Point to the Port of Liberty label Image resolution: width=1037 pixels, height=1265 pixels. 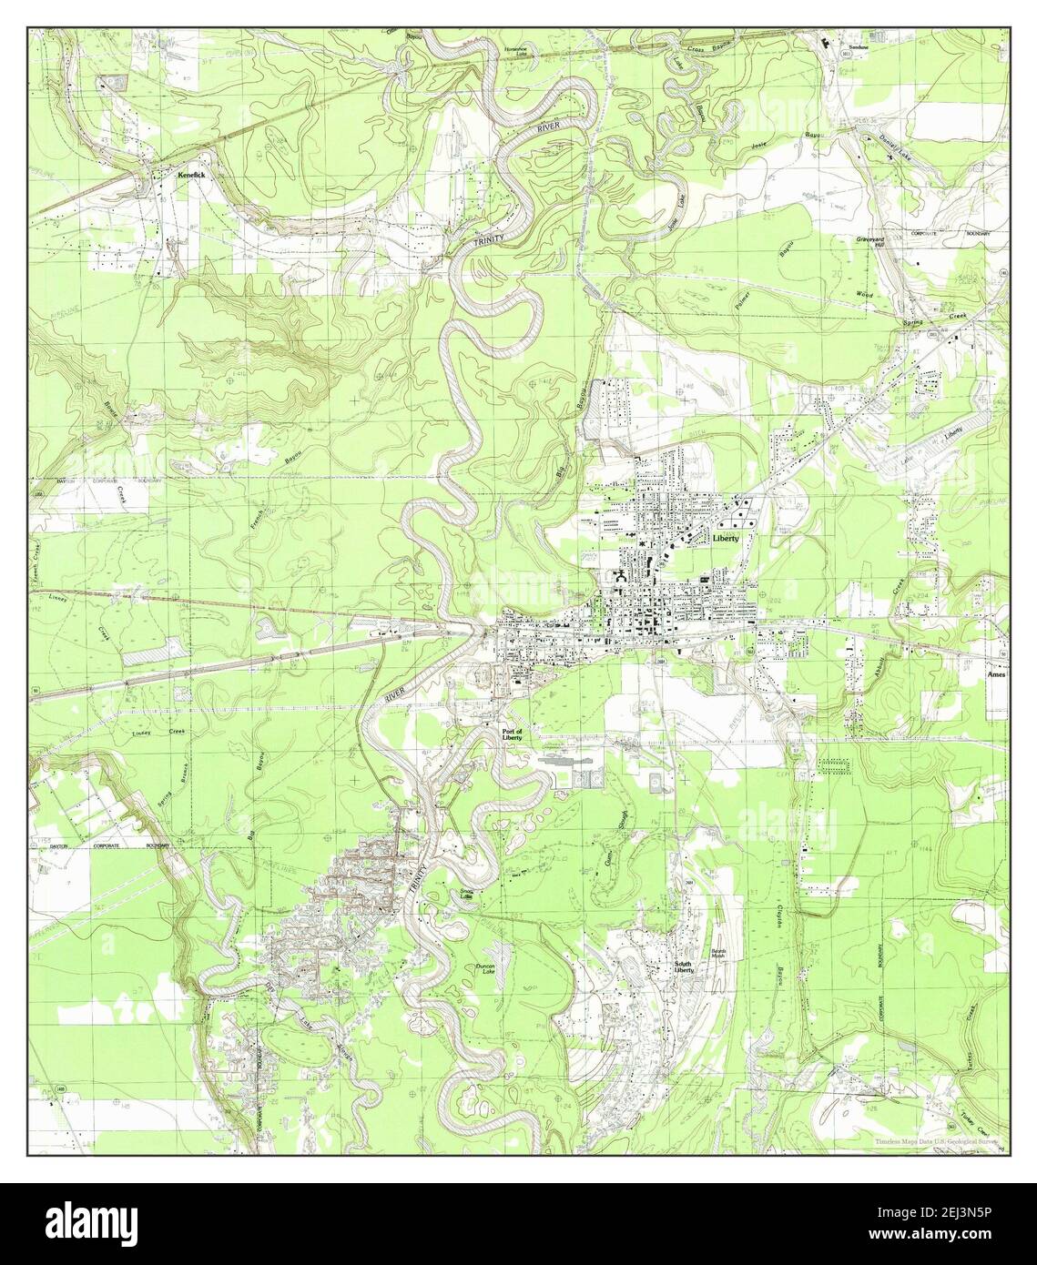pyautogui.click(x=513, y=734)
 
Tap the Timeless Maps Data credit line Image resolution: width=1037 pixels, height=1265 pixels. pyautogui.click(x=936, y=1139)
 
